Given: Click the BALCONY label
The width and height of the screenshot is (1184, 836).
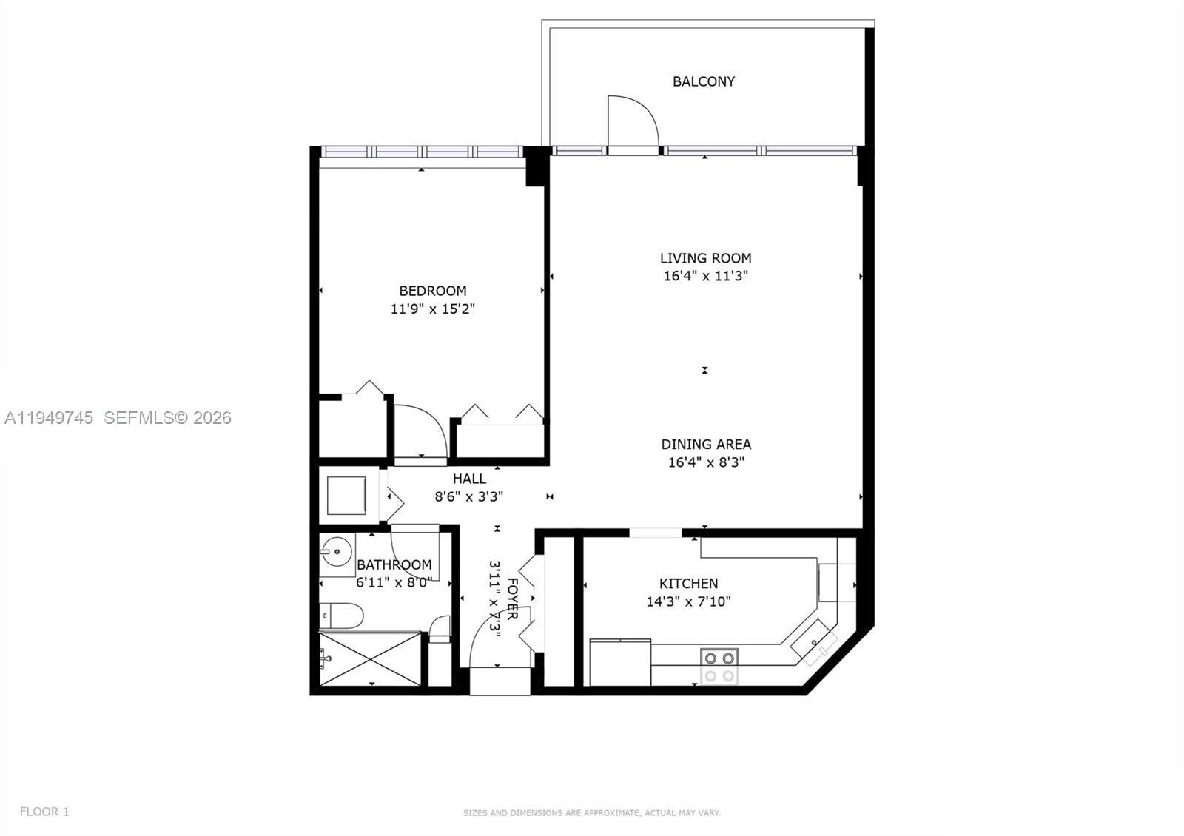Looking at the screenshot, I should point(703,81).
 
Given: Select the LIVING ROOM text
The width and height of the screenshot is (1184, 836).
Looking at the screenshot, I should point(705,258).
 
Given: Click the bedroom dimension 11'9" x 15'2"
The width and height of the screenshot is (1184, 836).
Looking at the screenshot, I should point(432,309).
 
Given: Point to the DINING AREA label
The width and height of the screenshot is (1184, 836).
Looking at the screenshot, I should point(706,445).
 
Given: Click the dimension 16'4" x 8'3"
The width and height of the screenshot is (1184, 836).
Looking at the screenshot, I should point(706,462).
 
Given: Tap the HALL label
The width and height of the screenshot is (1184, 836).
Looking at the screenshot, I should point(469,479).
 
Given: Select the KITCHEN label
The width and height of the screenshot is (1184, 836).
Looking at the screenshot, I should point(688,584).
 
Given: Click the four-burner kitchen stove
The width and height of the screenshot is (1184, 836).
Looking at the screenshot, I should point(719,666).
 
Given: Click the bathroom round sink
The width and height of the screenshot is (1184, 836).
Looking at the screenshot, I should point(337,551).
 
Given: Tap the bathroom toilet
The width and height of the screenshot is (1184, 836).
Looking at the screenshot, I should point(341,616).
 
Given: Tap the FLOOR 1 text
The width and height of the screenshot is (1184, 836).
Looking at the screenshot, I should point(44,812).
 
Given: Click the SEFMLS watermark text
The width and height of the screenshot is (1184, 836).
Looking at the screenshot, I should point(167,418).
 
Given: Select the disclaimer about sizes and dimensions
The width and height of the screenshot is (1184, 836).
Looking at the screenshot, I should point(592,813).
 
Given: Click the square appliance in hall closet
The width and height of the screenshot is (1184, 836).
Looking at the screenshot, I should point(347,496).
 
